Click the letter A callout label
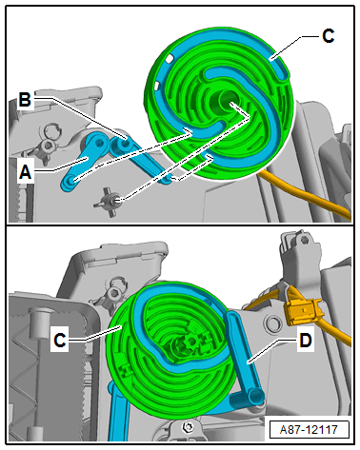(26, 173)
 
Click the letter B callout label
(25, 100)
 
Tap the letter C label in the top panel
(328, 35)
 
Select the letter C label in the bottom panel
(60, 341)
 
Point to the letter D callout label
(306, 341)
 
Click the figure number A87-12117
(309, 429)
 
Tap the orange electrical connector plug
(304, 313)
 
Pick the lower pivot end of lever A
(70, 182)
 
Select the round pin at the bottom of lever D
(256, 396)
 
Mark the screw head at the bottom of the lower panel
(187, 427)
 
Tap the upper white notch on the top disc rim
(170, 58)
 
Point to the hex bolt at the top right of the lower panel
(305, 240)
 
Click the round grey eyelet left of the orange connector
(272, 323)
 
